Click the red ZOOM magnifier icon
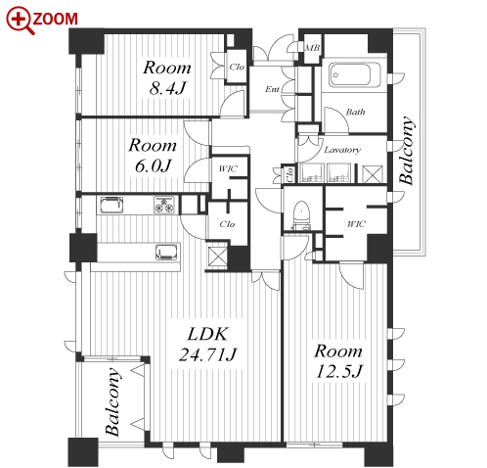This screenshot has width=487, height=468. click(x=21, y=21)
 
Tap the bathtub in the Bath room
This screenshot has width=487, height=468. click(x=350, y=75)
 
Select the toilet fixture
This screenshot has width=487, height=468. click(x=301, y=215)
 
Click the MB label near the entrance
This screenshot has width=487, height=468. click(x=312, y=48)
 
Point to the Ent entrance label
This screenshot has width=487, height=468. click(x=272, y=89)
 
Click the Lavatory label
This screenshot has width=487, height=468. click(x=342, y=150)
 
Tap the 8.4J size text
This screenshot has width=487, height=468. click(x=167, y=88)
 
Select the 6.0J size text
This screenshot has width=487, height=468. click(x=153, y=165)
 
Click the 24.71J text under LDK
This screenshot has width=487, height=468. click(x=207, y=354)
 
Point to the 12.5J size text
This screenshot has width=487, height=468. click(x=339, y=371)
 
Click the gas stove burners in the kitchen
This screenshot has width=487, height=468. click(x=164, y=205)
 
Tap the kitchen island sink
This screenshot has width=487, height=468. click(x=166, y=253)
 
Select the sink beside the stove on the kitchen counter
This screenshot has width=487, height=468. click(x=111, y=205)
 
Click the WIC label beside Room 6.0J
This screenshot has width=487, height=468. click(x=228, y=169)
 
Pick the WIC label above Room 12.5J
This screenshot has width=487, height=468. click(x=356, y=224)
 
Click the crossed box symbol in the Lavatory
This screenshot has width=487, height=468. click(x=372, y=174)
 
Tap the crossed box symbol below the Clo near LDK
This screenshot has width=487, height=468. click(x=217, y=257)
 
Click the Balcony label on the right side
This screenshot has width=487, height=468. click(x=408, y=151)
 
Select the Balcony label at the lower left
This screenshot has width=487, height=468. click(x=113, y=402)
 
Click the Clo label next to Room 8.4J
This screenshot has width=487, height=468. click(x=237, y=67)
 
